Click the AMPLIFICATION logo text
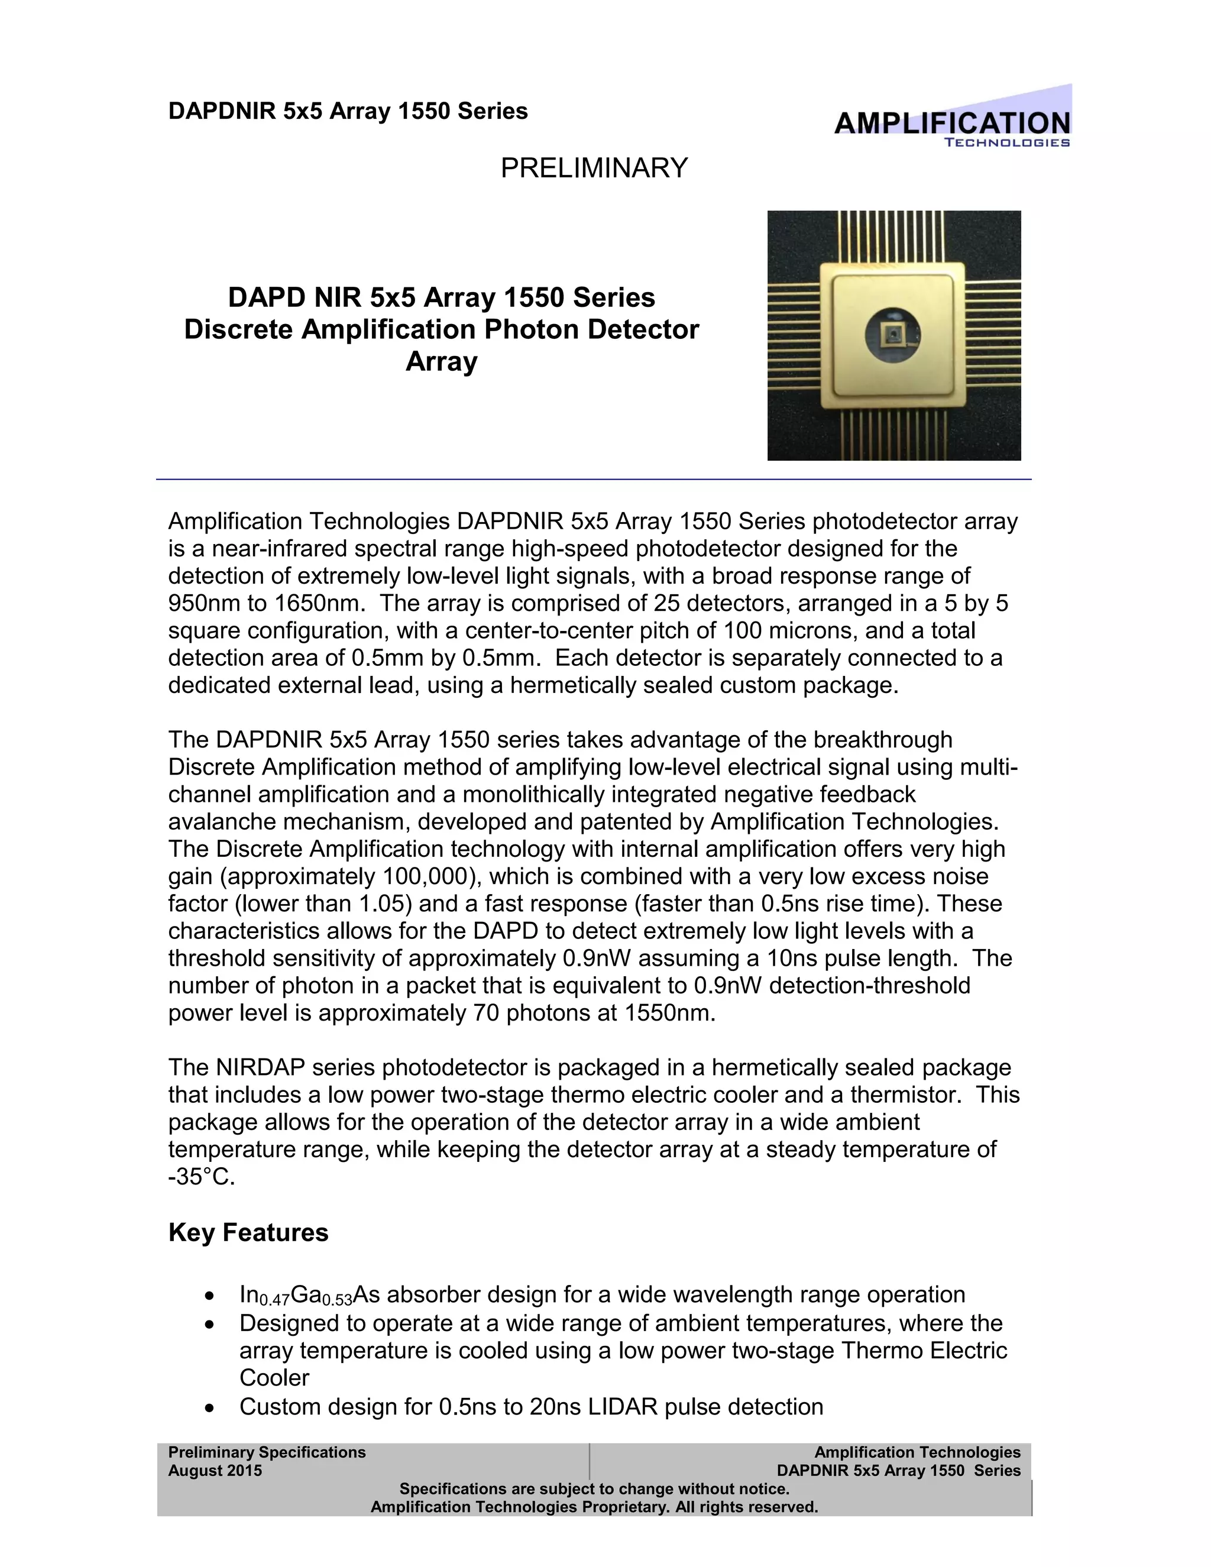(x=951, y=124)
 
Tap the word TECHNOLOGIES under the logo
(x=1006, y=143)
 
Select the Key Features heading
(x=248, y=1232)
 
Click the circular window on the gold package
(x=892, y=335)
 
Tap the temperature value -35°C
(x=201, y=1177)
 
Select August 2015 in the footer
(x=215, y=1470)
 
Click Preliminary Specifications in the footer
(x=267, y=1452)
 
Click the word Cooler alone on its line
(x=274, y=1378)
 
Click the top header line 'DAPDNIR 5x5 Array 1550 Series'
(x=348, y=111)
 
